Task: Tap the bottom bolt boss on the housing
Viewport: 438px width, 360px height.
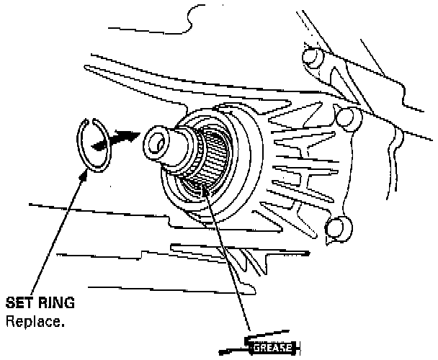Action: (337, 229)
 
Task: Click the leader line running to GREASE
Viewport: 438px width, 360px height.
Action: (231, 259)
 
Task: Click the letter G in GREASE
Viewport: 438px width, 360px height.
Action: (253, 349)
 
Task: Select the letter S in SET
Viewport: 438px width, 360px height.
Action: (9, 301)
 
